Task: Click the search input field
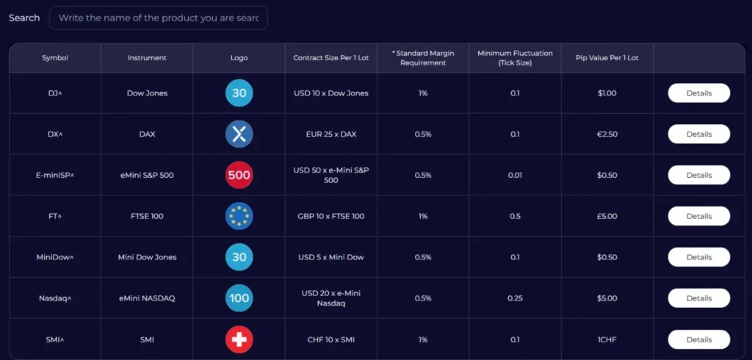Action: pyautogui.click(x=158, y=18)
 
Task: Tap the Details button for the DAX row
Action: pyautogui.click(x=698, y=134)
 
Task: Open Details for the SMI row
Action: pyautogui.click(x=698, y=339)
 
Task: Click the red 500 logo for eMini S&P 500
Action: pyautogui.click(x=239, y=176)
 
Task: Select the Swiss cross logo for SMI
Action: pyautogui.click(x=239, y=339)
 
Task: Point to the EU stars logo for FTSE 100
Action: pyautogui.click(x=239, y=216)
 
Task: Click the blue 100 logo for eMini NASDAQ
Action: pyautogui.click(x=239, y=298)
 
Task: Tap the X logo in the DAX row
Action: pyautogui.click(x=239, y=134)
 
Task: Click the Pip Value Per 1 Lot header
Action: pyautogui.click(x=607, y=58)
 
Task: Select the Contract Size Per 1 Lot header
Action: pyautogui.click(x=330, y=58)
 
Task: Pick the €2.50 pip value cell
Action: pyautogui.click(x=607, y=134)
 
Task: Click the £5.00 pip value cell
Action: pyautogui.click(x=607, y=216)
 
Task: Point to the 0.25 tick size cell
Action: pyautogui.click(x=515, y=298)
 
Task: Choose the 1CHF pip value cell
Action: pyautogui.click(x=607, y=339)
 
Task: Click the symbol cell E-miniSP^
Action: pyautogui.click(x=55, y=176)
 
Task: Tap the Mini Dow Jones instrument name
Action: pyautogui.click(x=147, y=257)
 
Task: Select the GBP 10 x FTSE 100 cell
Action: pyautogui.click(x=330, y=216)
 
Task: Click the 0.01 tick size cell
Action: pyautogui.click(x=515, y=176)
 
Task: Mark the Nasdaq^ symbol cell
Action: pyautogui.click(x=55, y=298)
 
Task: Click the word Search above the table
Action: pyautogui.click(x=24, y=18)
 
